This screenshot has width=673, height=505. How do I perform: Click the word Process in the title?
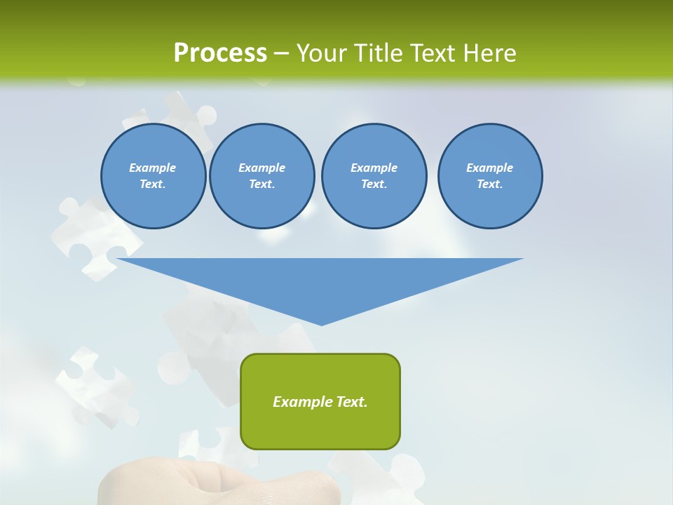point(220,53)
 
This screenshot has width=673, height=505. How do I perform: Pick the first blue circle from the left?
point(153,176)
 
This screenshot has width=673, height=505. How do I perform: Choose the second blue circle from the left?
point(261,176)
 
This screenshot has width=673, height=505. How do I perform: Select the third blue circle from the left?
point(374,176)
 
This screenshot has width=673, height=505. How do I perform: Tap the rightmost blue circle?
point(490,176)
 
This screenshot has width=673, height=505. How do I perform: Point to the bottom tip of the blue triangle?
point(321,324)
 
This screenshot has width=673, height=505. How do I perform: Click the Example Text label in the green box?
point(320,402)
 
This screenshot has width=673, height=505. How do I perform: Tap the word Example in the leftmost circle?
point(153,168)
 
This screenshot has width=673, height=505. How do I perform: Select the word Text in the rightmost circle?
point(489,184)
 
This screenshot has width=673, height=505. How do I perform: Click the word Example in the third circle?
point(374,168)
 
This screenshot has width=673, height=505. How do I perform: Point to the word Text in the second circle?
point(261,184)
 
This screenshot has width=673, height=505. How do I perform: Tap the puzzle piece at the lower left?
point(95,386)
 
